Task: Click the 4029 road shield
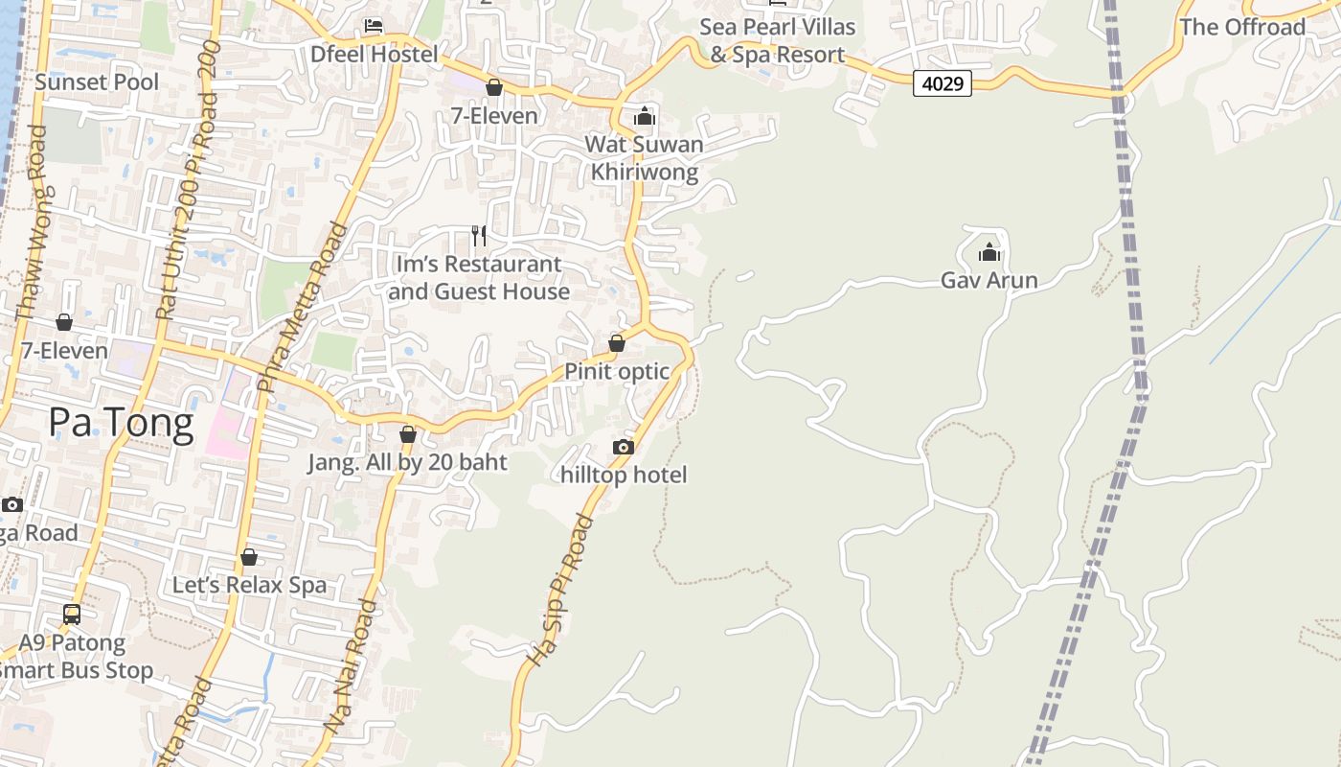click(943, 84)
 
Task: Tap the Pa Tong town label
click(121, 422)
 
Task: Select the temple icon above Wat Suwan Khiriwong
click(645, 117)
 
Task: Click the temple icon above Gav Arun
click(989, 253)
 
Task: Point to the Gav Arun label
click(989, 281)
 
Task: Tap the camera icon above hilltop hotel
click(624, 447)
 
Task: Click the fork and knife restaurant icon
click(479, 235)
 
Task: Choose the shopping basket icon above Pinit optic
click(617, 343)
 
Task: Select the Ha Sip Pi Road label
click(562, 591)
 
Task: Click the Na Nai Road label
click(352, 667)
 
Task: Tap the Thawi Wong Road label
click(32, 235)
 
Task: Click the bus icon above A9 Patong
click(72, 615)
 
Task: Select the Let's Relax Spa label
click(249, 585)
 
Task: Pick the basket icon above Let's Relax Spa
click(249, 557)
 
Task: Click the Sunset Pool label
click(97, 82)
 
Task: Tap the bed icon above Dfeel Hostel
click(374, 26)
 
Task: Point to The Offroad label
click(1242, 27)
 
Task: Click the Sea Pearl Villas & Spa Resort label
click(777, 41)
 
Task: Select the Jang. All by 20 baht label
click(407, 462)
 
